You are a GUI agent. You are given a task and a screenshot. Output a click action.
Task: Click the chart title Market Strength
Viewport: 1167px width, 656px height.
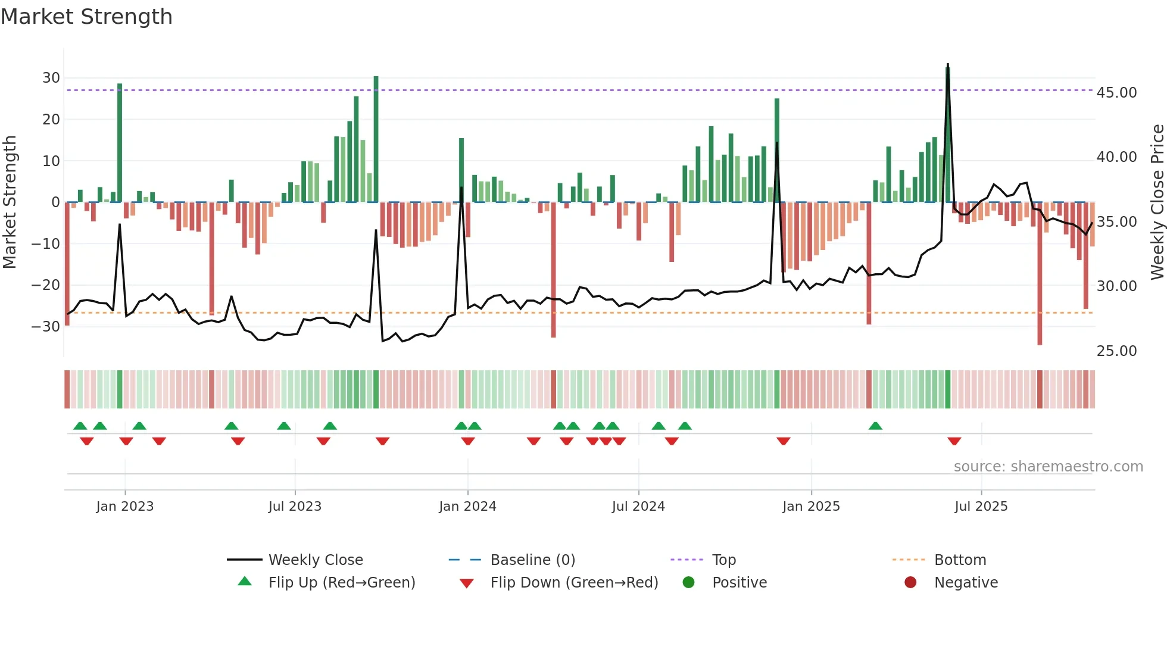86,17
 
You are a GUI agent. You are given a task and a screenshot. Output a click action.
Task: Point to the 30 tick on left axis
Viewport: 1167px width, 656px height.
51,78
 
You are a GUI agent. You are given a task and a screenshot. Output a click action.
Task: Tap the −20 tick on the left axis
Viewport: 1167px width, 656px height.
46,285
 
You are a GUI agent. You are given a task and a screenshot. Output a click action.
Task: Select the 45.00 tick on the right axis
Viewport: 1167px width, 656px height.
1116,93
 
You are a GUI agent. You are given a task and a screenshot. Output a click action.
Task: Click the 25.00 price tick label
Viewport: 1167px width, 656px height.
1116,351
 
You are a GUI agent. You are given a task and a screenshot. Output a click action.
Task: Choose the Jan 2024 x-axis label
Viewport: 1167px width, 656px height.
467,507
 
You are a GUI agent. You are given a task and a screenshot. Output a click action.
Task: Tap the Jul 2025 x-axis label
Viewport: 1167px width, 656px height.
981,507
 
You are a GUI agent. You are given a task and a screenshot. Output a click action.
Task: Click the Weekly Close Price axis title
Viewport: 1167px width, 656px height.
1157,202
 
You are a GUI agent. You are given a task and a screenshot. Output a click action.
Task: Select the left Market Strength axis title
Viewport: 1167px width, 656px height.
10,202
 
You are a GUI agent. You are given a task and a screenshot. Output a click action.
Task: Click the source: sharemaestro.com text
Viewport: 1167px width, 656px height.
1048,467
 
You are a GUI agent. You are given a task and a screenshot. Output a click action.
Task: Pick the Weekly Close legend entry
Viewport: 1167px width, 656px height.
315,560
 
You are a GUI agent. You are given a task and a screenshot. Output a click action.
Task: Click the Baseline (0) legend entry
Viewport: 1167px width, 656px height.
532,560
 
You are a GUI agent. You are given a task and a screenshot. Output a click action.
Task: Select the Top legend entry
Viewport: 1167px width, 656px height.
723,560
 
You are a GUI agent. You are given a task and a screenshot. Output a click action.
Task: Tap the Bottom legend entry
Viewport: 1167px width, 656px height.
960,560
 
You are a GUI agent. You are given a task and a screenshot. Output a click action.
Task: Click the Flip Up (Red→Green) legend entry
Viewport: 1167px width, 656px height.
341,583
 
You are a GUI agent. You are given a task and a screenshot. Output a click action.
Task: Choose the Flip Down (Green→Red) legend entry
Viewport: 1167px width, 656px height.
574,583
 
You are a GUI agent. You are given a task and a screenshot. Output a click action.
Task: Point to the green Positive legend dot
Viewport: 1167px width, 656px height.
688,583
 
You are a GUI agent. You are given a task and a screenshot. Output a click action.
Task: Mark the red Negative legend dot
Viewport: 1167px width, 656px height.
910,583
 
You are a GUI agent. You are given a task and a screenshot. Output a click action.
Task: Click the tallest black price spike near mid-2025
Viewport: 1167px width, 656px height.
948,65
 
